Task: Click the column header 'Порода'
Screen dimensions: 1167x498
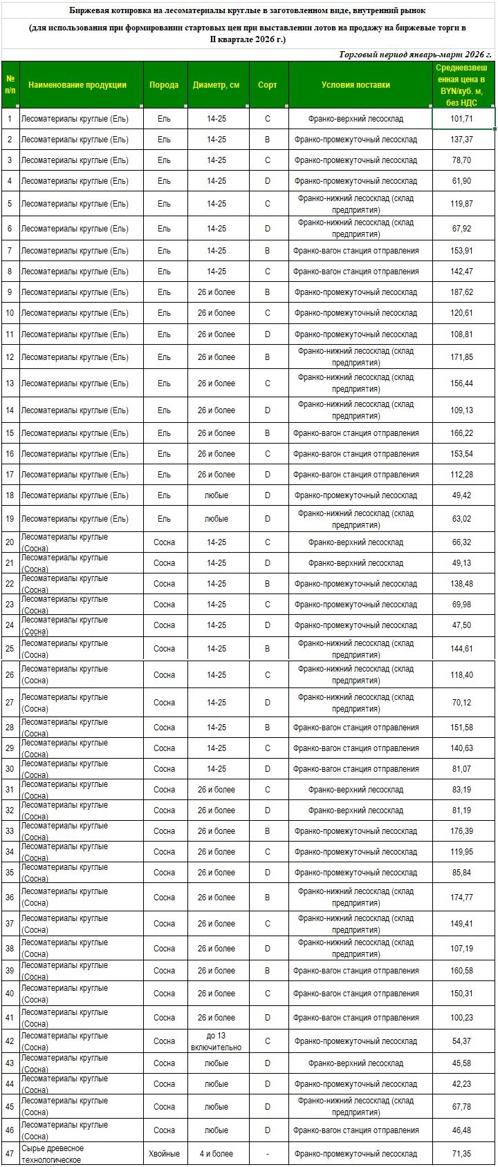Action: (164, 85)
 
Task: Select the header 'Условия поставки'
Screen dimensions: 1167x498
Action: (356, 85)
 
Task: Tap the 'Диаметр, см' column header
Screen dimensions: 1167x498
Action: (216, 85)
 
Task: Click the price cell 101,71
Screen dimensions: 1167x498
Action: (461, 119)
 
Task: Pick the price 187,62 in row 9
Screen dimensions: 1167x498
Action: (461, 292)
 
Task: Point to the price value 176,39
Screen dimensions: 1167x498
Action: (461, 831)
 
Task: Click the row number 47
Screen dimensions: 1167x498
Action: (10, 1154)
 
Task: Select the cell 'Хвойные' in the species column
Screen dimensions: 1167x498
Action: (164, 1154)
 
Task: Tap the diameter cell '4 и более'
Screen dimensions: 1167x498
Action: (216, 1154)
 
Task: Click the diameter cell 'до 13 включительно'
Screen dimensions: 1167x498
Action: (216, 1041)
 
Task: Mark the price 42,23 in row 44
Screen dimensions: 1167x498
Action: (461, 1084)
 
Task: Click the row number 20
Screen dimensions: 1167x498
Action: (10, 542)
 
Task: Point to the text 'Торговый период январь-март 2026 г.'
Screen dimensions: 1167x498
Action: (415, 55)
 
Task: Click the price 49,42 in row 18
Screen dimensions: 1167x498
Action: (461, 495)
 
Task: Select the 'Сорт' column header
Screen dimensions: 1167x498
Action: (267, 85)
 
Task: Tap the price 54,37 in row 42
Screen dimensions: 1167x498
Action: (461, 1041)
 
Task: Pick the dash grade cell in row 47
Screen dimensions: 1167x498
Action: (267, 1154)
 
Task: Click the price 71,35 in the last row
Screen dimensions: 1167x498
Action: (461, 1154)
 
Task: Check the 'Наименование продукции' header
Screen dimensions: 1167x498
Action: (77, 85)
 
